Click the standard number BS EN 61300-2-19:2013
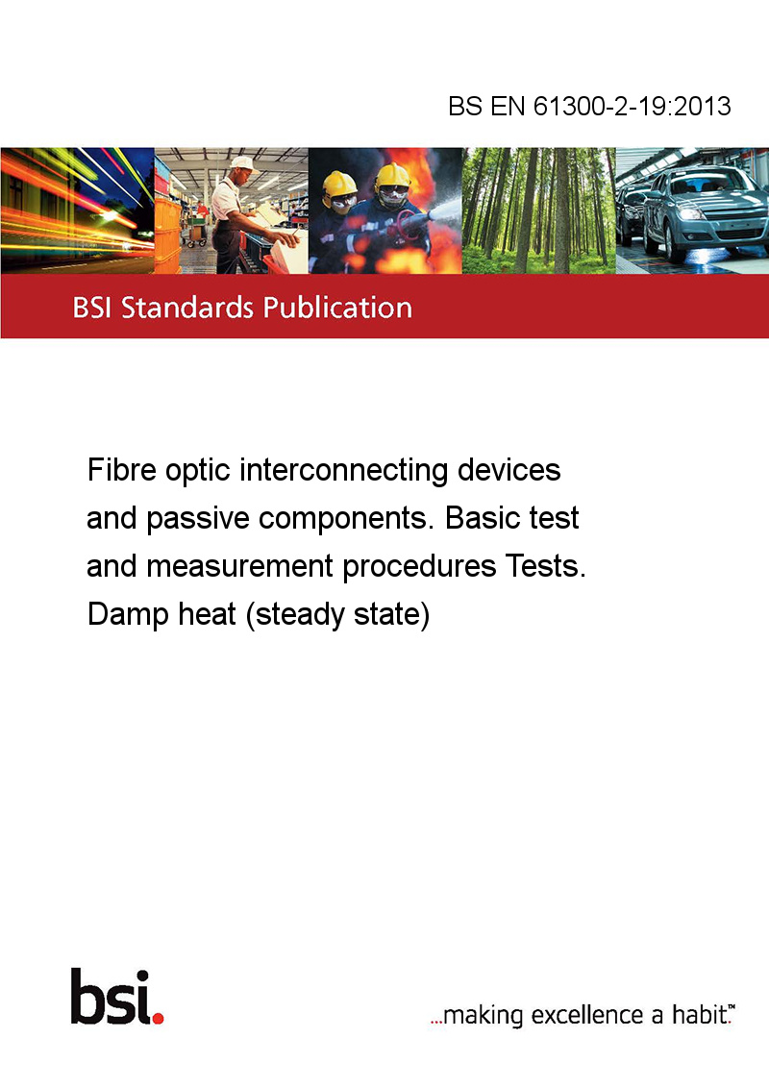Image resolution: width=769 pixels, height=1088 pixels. coord(589,106)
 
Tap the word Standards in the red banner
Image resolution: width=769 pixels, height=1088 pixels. coord(187,308)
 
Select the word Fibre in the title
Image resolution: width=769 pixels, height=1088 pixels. coord(121,470)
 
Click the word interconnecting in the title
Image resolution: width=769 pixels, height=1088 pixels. coord(344,471)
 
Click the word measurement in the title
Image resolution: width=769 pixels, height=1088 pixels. coord(239,566)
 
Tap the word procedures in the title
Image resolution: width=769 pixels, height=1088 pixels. coord(419,568)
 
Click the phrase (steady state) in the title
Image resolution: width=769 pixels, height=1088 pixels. coord(338,615)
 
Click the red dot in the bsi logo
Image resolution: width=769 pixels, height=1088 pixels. coord(158,1018)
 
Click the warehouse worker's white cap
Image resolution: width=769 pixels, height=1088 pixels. coord(242,163)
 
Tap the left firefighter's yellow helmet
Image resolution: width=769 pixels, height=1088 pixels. coord(339,184)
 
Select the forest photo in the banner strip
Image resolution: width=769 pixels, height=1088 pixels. coord(538,210)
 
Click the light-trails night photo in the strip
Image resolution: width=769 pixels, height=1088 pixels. coord(77,210)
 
